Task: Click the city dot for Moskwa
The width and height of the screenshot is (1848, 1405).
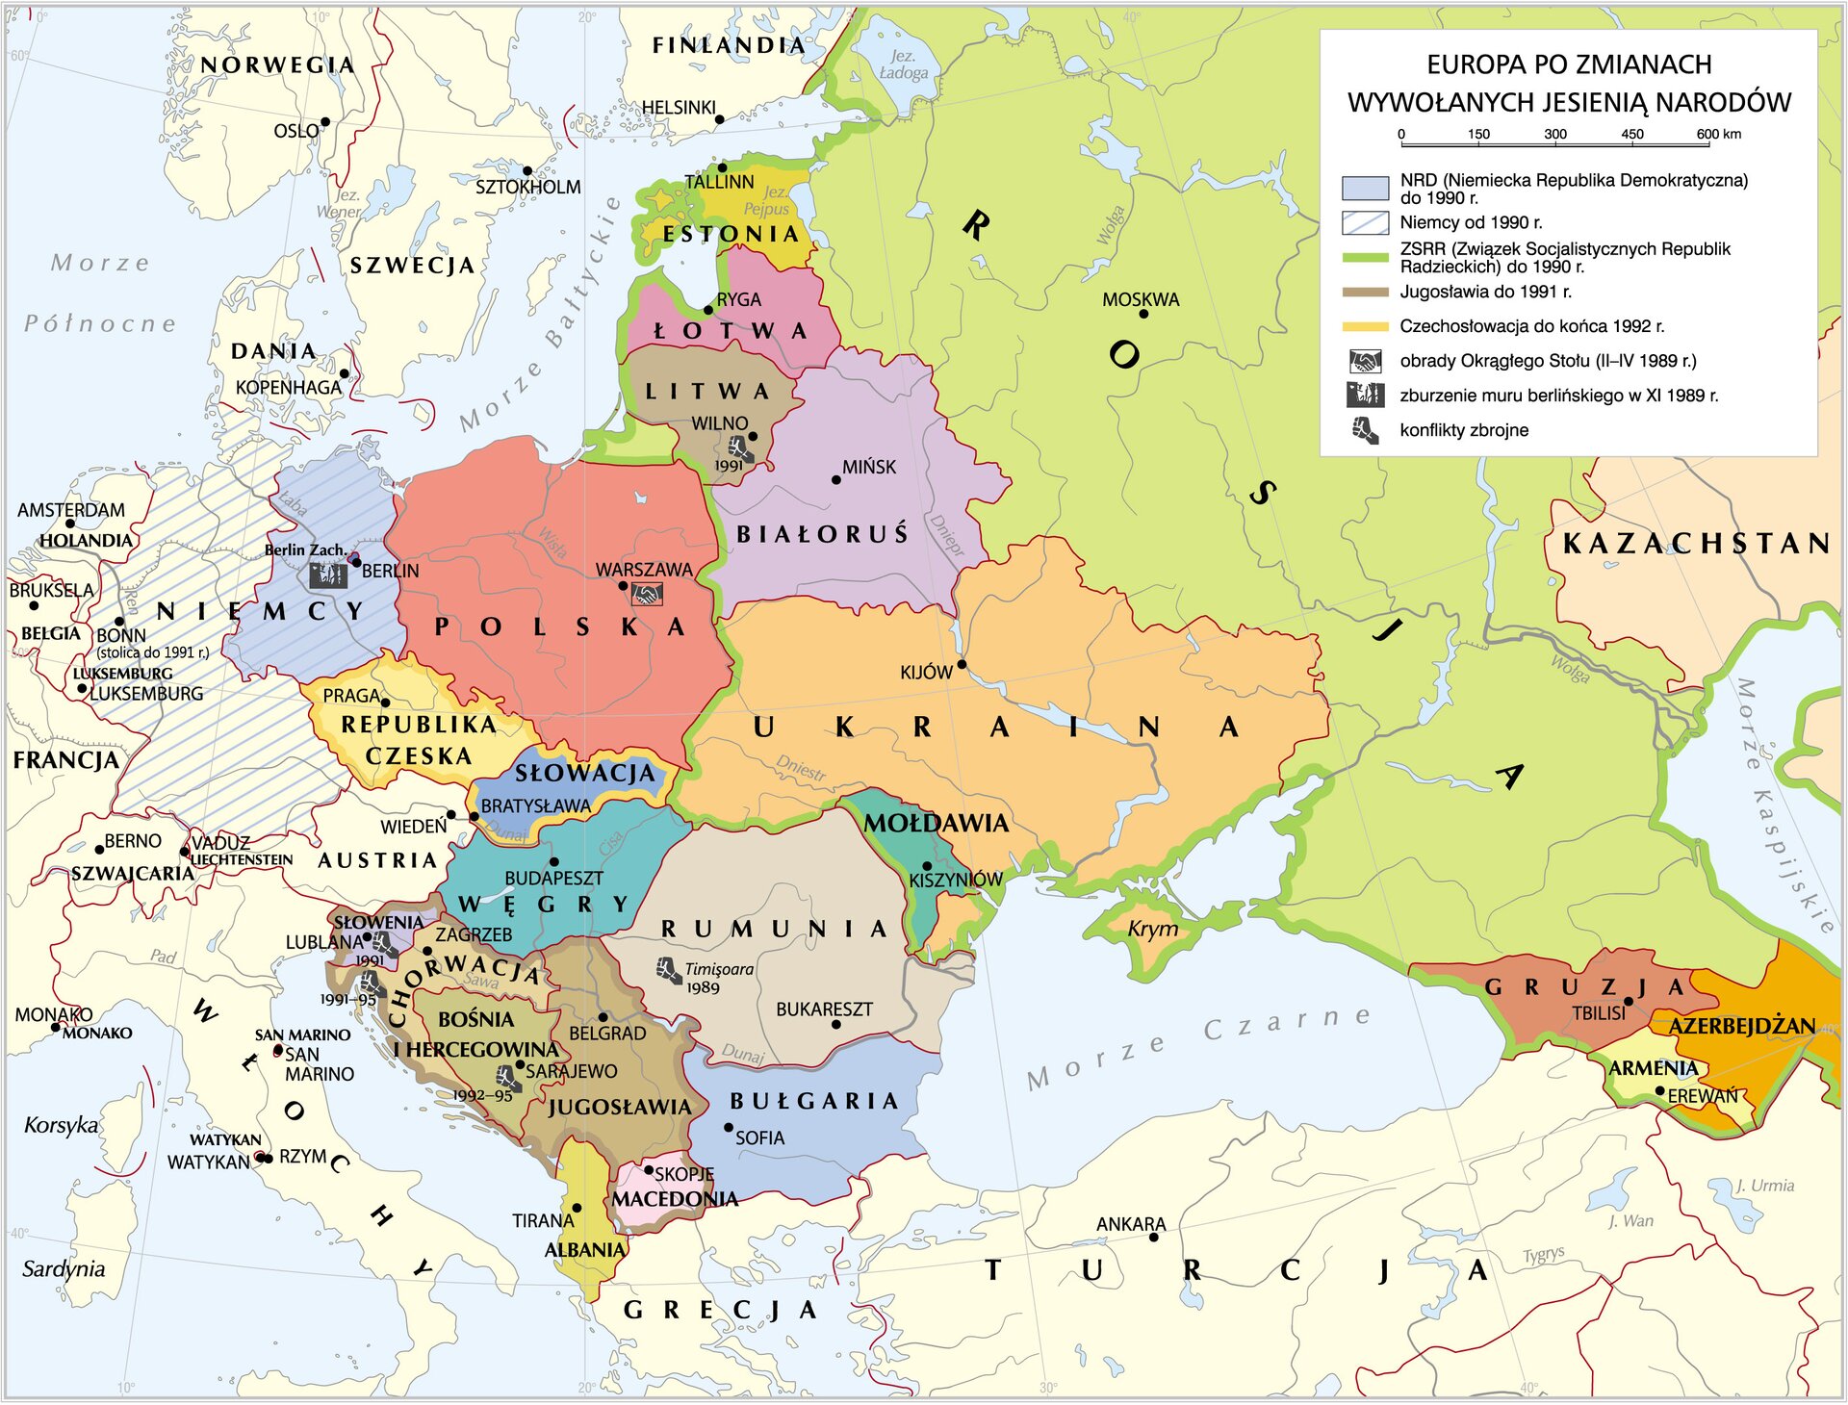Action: tap(1143, 314)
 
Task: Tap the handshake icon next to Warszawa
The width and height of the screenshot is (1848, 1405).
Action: tap(647, 595)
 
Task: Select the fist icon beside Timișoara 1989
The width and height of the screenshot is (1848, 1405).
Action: tap(670, 970)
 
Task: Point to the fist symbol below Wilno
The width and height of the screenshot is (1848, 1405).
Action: tap(739, 448)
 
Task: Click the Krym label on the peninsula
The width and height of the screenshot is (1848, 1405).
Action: tap(1152, 929)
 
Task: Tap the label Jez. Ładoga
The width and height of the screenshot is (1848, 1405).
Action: tap(903, 64)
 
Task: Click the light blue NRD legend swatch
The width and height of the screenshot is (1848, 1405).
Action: tap(1365, 188)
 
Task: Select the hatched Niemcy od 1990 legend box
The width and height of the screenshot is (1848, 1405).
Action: tap(1365, 223)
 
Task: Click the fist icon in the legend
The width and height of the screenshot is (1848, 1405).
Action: tap(1365, 431)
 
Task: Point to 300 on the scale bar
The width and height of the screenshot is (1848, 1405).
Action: tap(1555, 135)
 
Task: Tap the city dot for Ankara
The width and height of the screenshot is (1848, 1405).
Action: tap(1154, 1238)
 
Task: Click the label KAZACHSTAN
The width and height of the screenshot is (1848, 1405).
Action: tap(1696, 544)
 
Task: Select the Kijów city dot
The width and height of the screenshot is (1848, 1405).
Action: tap(962, 664)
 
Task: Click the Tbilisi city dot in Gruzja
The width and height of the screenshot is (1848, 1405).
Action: tap(1629, 1001)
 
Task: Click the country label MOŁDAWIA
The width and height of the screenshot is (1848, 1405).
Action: tap(936, 824)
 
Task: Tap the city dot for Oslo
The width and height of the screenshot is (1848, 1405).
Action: tap(325, 122)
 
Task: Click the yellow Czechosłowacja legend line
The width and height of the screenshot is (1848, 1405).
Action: tap(1365, 327)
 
